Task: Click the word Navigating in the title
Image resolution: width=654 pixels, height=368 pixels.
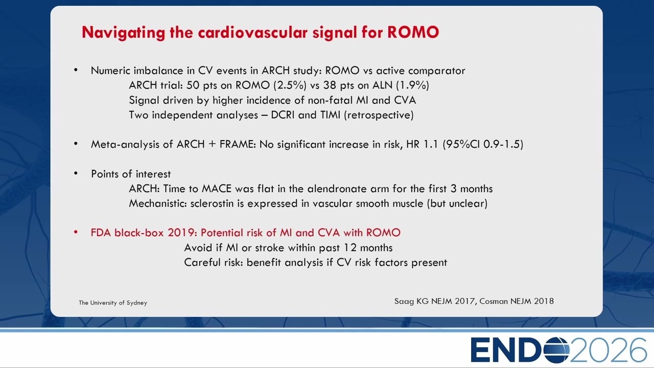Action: tap(123, 33)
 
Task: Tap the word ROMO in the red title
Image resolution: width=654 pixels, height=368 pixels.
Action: tap(413, 32)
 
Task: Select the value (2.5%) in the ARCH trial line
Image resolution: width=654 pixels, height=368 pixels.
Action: tap(290, 85)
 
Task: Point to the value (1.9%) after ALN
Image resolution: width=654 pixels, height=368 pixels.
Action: tap(412, 85)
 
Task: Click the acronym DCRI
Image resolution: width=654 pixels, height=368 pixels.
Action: tap(283, 115)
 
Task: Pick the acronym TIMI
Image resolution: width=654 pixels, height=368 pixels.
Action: tap(330, 115)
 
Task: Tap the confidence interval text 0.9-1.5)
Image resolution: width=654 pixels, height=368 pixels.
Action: tap(503, 144)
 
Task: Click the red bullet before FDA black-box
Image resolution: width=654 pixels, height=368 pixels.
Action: tap(76, 233)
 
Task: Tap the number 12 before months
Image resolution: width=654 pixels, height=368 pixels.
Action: tap(350, 248)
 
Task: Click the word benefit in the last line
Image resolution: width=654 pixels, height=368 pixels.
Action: tap(264, 262)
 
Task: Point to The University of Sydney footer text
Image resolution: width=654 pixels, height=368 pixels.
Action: tap(113, 303)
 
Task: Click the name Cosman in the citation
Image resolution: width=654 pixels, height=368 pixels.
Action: tap(494, 301)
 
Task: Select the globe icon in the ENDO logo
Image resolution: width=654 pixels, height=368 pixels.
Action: tap(555, 350)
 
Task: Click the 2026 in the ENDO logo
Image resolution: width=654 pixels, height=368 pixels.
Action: tap(608, 350)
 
